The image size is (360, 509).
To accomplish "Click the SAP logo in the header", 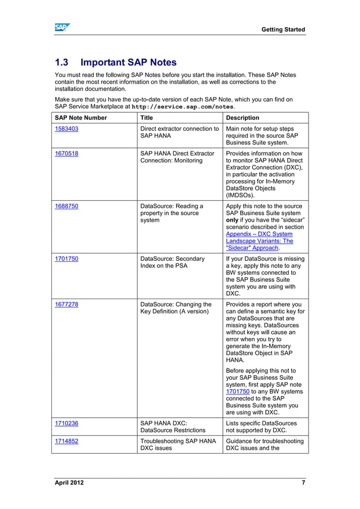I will tap(62, 28).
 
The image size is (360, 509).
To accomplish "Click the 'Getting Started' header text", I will tap(283, 29).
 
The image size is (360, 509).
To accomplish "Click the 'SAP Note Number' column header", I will tap(81, 118).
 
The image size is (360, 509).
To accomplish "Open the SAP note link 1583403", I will tap(67, 129).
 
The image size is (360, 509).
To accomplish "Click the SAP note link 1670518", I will tap(67, 153).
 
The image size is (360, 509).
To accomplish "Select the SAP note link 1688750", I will tap(67, 207).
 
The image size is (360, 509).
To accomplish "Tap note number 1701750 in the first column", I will tap(67, 260).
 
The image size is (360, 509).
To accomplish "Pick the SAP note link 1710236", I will tap(67, 423).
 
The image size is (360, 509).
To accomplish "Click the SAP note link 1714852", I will tap(67, 441).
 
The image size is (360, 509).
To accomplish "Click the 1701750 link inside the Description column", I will tap(238, 390).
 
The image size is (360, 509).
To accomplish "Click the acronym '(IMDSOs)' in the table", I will tap(240, 195).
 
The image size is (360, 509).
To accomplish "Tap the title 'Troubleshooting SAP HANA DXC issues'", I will tap(178, 445).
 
